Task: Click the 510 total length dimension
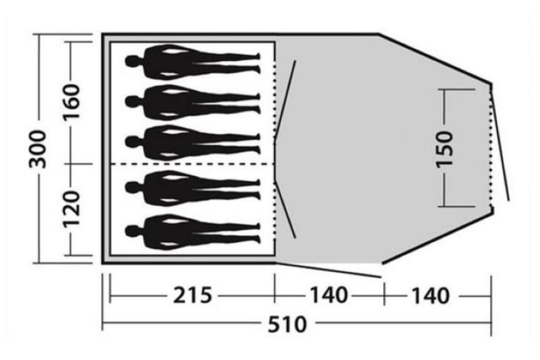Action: pyautogui.click(x=287, y=324)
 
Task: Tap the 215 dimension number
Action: pyautogui.click(x=192, y=296)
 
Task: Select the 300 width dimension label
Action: pyautogui.click(x=37, y=149)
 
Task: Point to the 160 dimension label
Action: pyautogui.click(x=71, y=101)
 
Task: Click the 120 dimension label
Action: pyautogui.click(x=71, y=207)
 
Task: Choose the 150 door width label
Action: pyautogui.click(x=444, y=149)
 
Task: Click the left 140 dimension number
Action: pyautogui.click(x=329, y=296)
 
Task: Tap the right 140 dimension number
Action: pyautogui.click(x=431, y=296)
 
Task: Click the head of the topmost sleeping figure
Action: pyautogui.click(x=132, y=62)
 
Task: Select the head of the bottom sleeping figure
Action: pyautogui.click(x=132, y=232)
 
